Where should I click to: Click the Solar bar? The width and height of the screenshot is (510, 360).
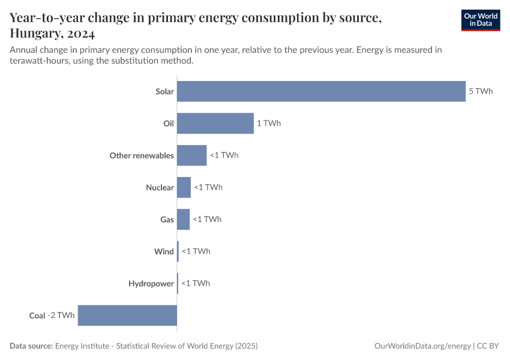click(321, 91)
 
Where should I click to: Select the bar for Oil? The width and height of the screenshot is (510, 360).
click(215, 123)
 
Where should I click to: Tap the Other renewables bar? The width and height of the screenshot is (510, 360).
click(191, 155)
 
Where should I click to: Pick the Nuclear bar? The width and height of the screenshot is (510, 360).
click(184, 187)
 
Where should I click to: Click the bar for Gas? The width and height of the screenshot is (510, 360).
click(183, 219)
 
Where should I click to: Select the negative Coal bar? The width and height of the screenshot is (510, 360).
click(127, 315)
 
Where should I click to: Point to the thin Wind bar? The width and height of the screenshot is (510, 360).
click(178, 251)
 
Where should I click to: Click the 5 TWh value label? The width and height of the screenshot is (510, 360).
click(481, 91)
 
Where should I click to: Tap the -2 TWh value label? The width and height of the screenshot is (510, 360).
click(61, 315)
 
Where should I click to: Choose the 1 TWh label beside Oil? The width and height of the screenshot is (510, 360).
click(269, 123)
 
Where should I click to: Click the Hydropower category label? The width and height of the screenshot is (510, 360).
click(151, 283)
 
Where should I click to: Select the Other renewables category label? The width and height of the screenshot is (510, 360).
click(142, 155)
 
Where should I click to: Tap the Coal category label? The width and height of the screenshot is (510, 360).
click(37, 315)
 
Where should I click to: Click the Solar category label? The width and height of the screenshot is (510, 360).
click(164, 91)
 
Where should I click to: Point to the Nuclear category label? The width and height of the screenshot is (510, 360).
click(160, 187)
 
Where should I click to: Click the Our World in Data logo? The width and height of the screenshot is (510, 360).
click(481, 20)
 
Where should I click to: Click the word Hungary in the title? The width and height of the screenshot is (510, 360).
click(35, 33)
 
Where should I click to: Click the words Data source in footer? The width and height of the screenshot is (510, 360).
click(31, 346)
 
